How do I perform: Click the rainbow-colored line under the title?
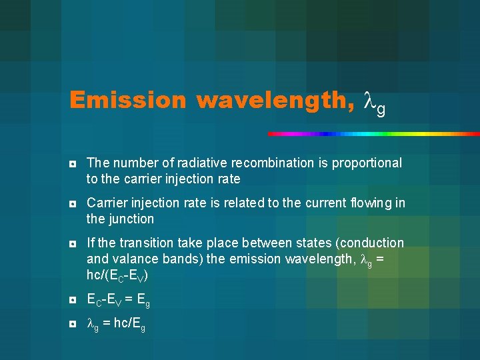click(373, 134)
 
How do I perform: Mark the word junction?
click(131, 219)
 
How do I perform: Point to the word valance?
click(132, 259)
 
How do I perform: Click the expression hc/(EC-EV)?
click(117, 275)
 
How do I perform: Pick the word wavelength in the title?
click(275, 100)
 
